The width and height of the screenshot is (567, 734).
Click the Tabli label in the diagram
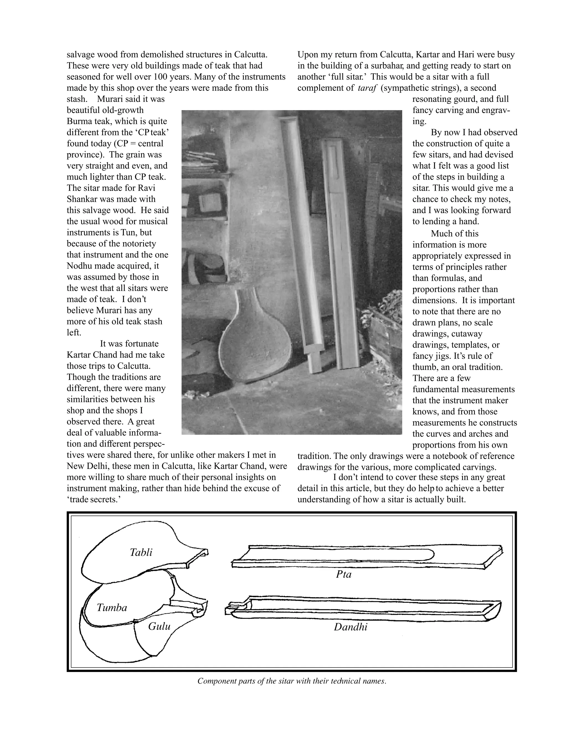pyautogui.click(x=141, y=552)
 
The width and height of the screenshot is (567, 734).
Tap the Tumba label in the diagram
pyautogui.click(x=112, y=608)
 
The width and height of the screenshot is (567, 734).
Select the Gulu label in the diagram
pyautogui.click(x=159, y=627)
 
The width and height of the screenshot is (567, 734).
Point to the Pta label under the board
pyautogui.click(x=344, y=574)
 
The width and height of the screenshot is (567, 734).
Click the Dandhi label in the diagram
pyautogui.click(x=350, y=627)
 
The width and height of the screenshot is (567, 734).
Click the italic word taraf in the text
pyautogui.click(x=367, y=88)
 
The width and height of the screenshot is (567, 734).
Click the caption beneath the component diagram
pyautogui.click(x=292, y=681)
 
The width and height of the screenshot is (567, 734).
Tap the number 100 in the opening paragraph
pyautogui.click(x=161, y=77)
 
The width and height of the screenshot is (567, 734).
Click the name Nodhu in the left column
pyautogui.click(x=81, y=266)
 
